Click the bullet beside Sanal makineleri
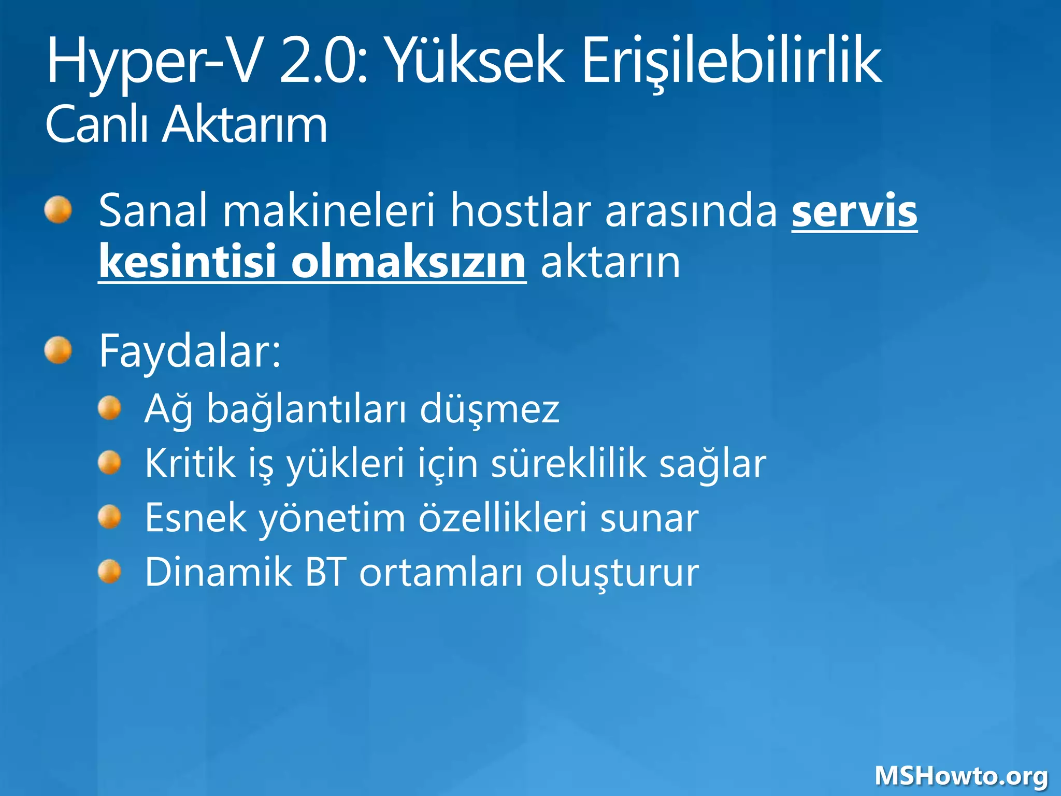point(58,210)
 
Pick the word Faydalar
point(190,351)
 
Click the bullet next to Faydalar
point(58,350)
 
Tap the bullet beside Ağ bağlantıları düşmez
point(110,408)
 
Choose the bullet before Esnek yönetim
point(110,517)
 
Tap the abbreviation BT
point(325,572)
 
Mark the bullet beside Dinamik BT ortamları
point(110,572)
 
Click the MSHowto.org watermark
point(962,776)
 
